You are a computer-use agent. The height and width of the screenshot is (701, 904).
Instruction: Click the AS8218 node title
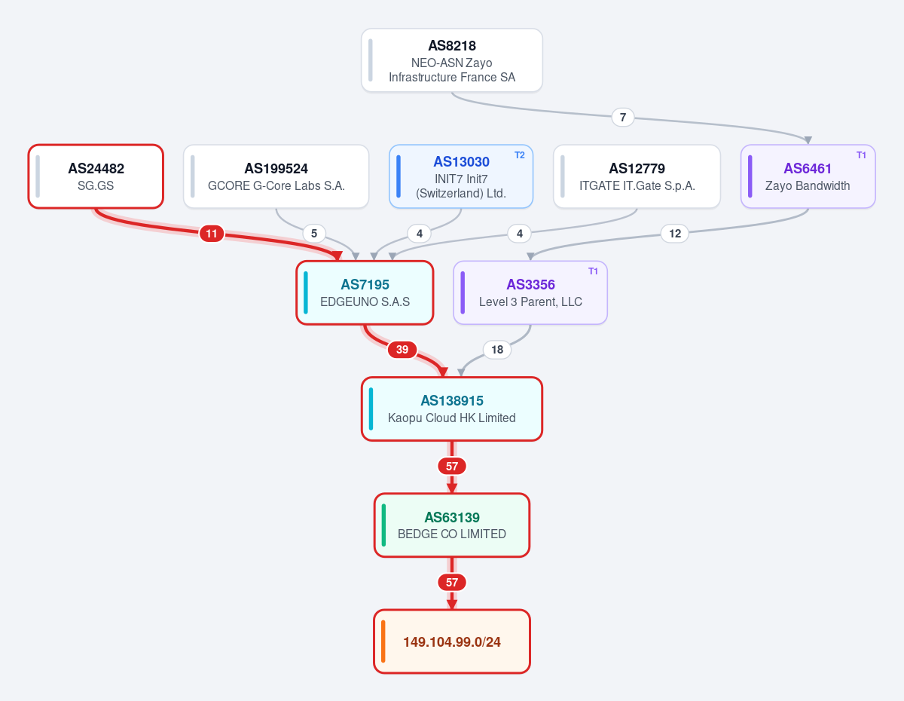(x=452, y=45)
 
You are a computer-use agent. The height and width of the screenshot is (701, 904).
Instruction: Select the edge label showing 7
(x=622, y=118)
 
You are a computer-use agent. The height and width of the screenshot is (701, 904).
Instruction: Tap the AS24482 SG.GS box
(x=96, y=176)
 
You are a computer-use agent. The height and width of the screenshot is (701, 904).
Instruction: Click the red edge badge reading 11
(x=212, y=234)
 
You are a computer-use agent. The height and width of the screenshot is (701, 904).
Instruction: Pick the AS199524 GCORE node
(x=276, y=176)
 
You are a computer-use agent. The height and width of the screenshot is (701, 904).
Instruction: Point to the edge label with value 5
(x=314, y=234)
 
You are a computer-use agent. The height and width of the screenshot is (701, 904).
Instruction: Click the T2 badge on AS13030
(x=520, y=155)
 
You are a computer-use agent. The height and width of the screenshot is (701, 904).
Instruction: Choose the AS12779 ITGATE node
(x=637, y=176)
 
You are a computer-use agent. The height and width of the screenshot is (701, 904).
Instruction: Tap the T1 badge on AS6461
(x=861, y=155)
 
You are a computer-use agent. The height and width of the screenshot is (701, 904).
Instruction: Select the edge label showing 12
(x=675, y=234)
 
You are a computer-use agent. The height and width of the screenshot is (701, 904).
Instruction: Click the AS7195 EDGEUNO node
(x=365, y=292)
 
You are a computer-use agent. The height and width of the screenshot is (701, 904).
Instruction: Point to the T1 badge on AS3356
(x=593, y=271)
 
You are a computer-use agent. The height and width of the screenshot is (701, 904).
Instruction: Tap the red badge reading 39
(x=402, y=350)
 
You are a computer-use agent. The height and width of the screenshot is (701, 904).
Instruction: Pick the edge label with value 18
(x=497, y=350)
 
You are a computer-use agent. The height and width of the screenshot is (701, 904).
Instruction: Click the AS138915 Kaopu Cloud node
(x=452, y=409)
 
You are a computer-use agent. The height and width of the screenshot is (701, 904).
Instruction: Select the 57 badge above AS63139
(x=452, y=467)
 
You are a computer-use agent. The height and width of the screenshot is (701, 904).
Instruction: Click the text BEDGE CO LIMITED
(x=452, y=534)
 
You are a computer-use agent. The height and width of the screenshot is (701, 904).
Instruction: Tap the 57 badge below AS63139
(x=452, y=583)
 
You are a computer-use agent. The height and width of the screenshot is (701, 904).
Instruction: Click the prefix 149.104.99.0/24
(x=452, y=642)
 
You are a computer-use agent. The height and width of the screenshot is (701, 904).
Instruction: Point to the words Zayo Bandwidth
(x=808, y=185)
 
